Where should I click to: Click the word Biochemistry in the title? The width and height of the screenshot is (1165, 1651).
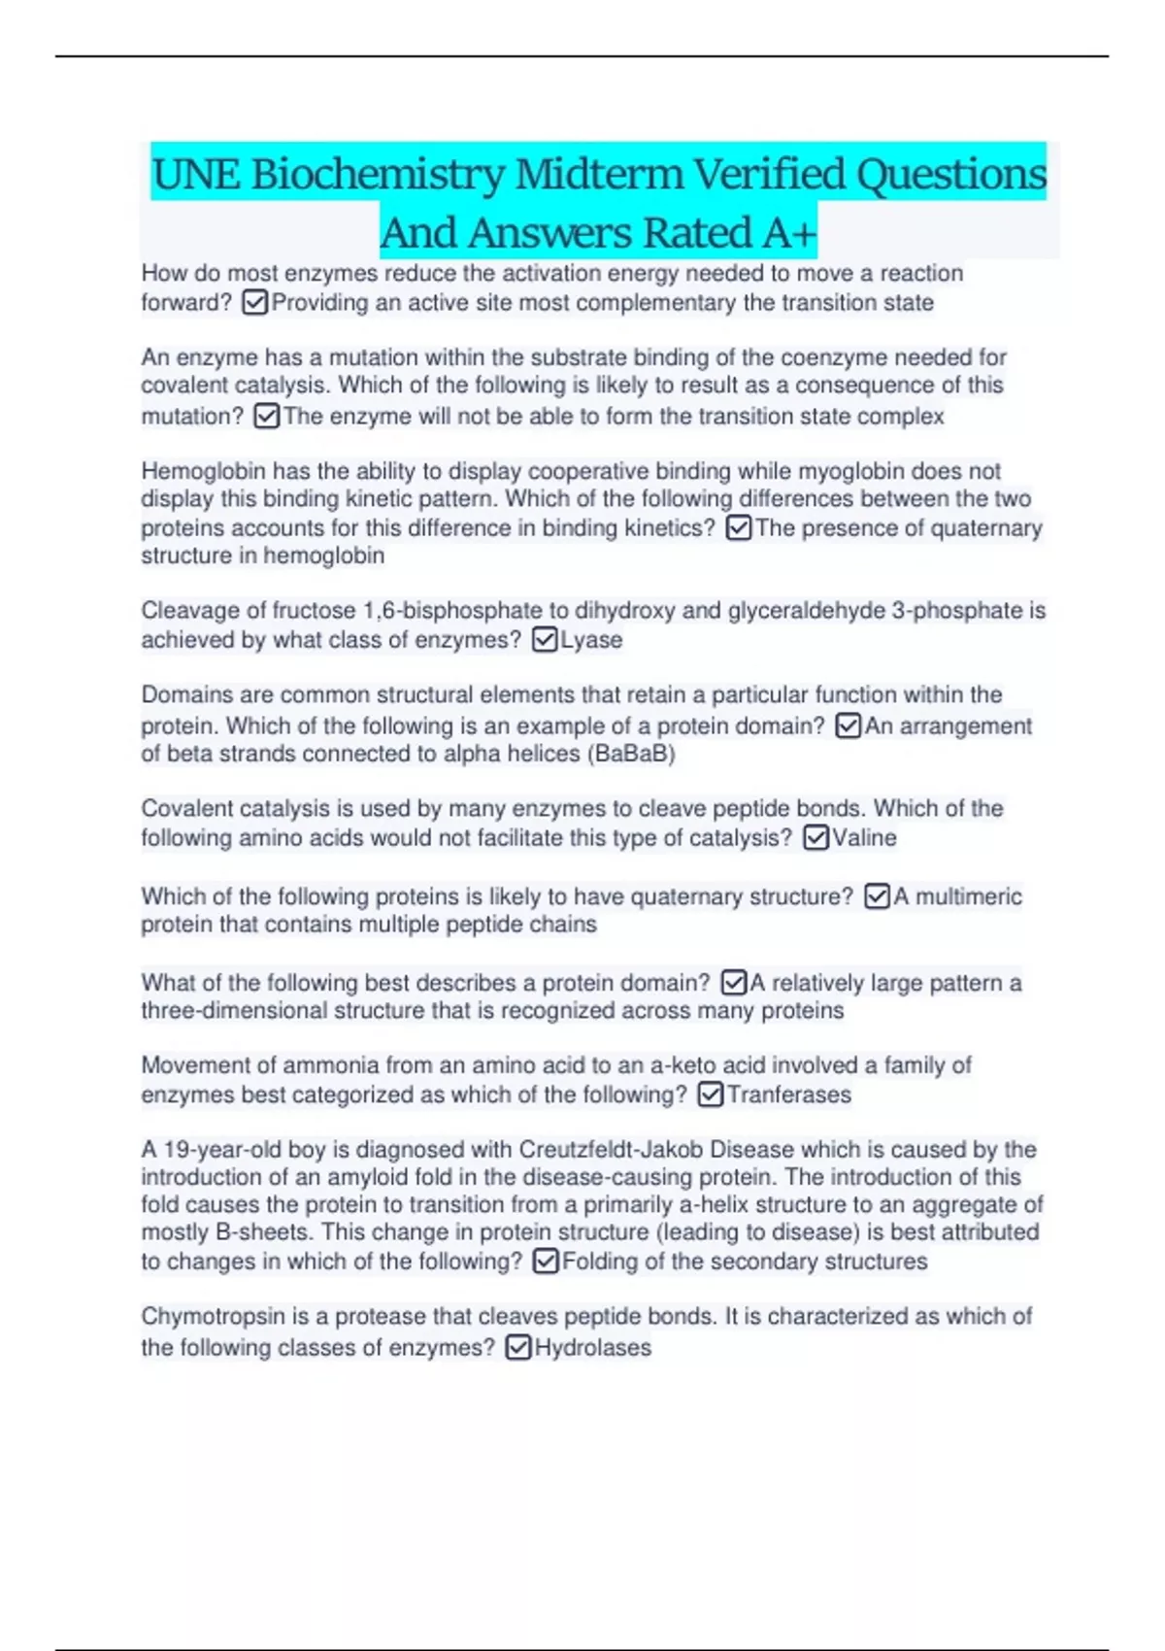click(378, 175)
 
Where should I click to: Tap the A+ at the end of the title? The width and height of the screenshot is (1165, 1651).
click(789, 233)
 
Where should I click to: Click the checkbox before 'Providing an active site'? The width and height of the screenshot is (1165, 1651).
click(255, 303)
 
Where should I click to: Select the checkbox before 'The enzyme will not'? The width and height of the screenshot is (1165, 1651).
click(267, 417)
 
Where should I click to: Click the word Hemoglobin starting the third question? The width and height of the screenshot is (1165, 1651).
click(203, 471)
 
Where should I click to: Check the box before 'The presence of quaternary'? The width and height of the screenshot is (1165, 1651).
click(739, 528)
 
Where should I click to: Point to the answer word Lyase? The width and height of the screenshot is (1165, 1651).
click(591, 640)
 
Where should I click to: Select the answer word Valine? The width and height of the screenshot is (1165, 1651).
click(864, 838)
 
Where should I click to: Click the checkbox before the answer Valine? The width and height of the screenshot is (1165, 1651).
click(816, 838)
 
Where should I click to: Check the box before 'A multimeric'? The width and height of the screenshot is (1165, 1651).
click(877, 896)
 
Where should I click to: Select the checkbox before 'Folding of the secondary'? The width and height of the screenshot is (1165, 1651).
click(547, 1262)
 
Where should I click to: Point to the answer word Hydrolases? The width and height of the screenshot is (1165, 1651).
click(592, 1348)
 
